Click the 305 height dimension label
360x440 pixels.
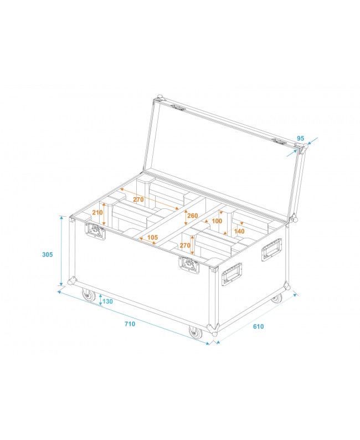(48, 254)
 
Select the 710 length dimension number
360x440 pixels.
(130, 324)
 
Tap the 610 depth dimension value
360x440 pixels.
(258, 326)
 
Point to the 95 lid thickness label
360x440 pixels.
(301, 138)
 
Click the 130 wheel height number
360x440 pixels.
(107, 301)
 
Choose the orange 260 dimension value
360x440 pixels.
(192, 216)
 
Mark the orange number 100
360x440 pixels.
(217, 221)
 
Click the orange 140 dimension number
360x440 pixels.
(239, 231)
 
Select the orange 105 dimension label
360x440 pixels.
(153, 238)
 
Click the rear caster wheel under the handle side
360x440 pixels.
(276, 299)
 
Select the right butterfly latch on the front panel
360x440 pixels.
(188, 264)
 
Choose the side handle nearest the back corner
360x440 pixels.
(271, 250)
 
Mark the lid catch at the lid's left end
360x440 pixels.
(177, 108)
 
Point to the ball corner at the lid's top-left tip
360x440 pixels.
(160, 98)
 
